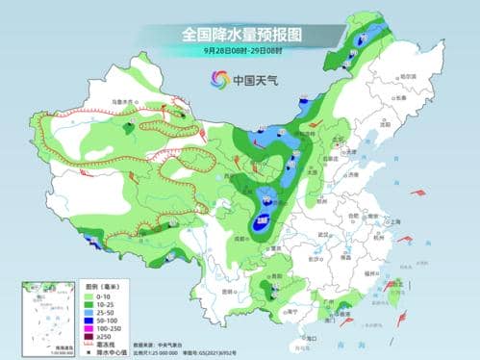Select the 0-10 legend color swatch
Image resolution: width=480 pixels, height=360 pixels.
point(93,295)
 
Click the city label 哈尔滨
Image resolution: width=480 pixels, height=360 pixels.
point(408,76)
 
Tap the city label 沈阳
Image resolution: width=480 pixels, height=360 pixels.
point(387,124)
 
